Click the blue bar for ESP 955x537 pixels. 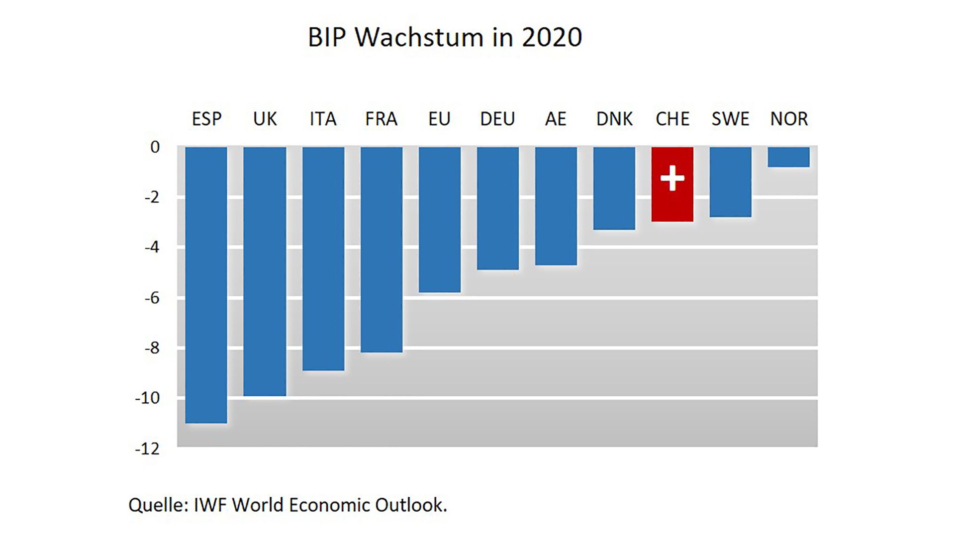pos(206,284)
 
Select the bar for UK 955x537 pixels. pos(265,271)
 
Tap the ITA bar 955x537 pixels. pos(323,258)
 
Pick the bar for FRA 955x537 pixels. pos(382,249)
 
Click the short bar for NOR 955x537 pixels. pos(788,157)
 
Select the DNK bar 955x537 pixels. pos(614,188)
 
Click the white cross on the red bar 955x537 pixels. pos(672,178)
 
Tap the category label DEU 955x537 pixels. pos(497,119)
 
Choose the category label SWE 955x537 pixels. pos(730,119)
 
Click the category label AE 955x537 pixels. pos(556,119)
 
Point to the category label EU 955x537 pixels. pos(439,119)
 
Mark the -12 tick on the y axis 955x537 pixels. pos(147,448)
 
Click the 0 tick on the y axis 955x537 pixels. pos(155,147)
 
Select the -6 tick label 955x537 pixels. pos(152,298)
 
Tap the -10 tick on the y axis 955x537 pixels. pos(147,398)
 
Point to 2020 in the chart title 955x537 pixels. pos(552,37)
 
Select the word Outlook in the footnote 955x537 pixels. pos(410,505)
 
